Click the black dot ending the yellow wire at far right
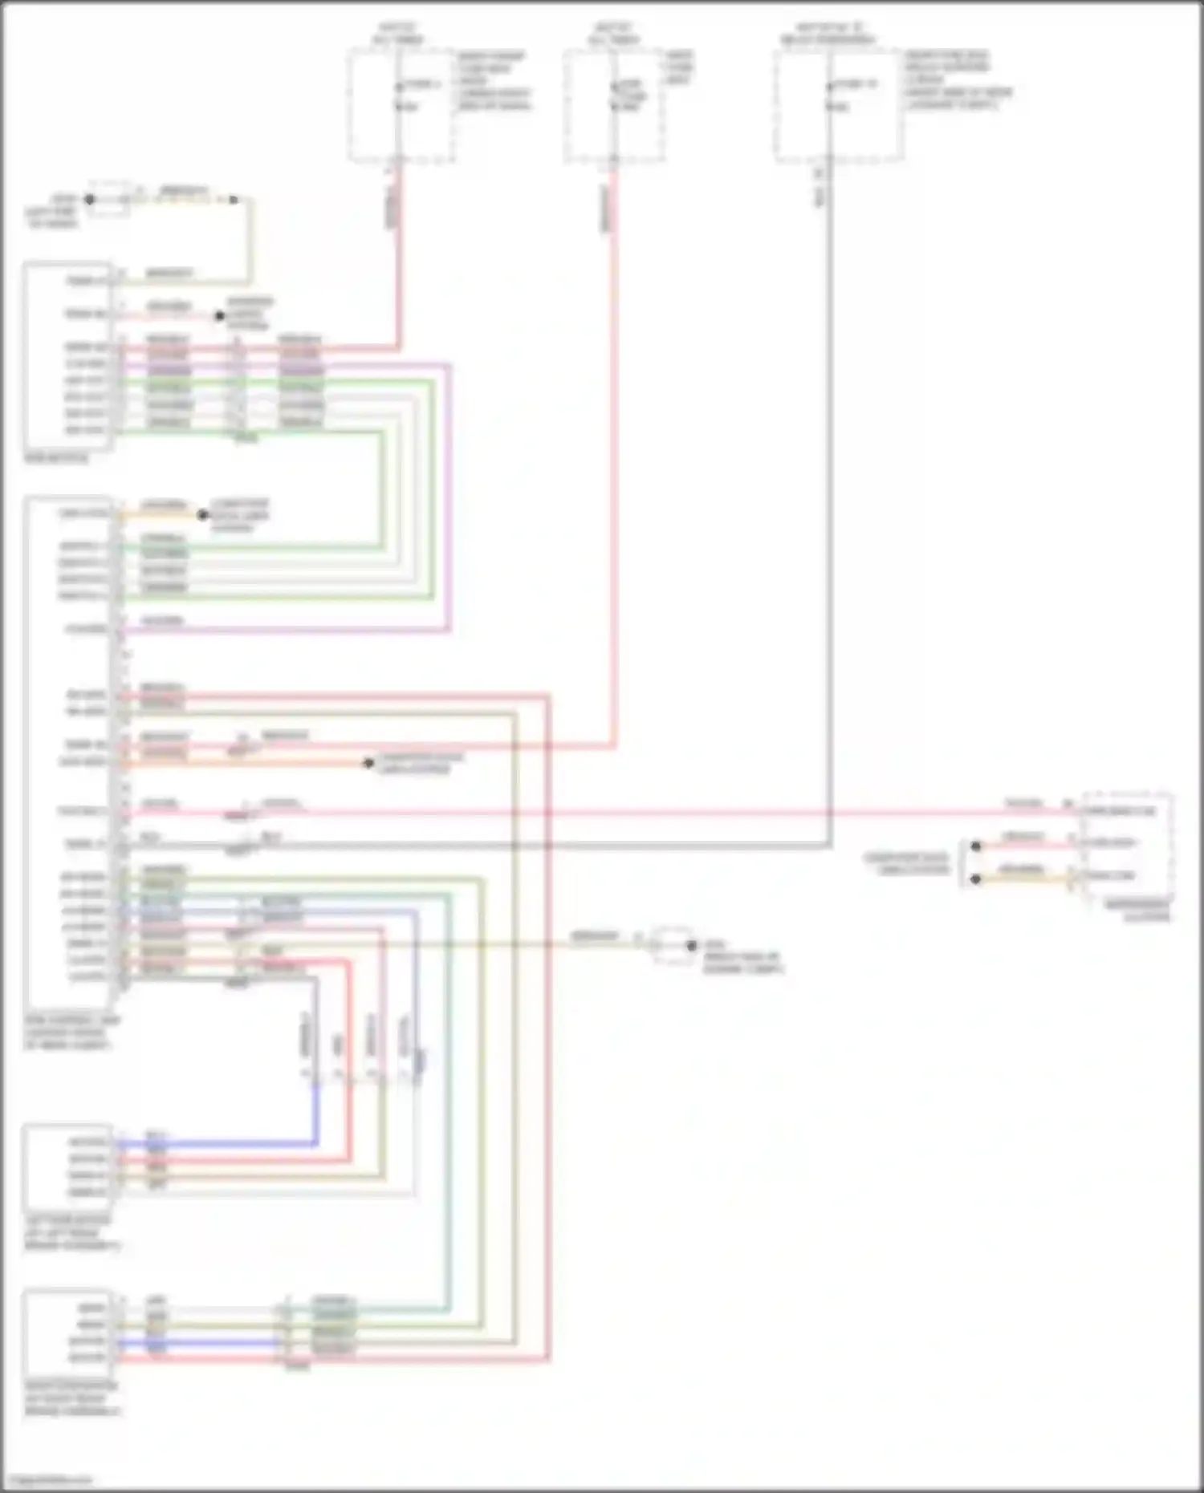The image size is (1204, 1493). (975, 879)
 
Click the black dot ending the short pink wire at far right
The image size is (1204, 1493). (975, 846)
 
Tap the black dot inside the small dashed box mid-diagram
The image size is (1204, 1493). (691, 946)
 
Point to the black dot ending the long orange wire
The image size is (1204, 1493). (368, 763)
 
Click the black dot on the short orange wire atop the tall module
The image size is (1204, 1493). (203, 514)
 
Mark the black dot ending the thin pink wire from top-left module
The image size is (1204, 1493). (219, 316)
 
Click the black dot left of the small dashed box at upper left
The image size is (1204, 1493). (89, 199)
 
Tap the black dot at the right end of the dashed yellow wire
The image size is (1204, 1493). (234, 199)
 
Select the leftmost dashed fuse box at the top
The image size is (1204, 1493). (401, 106)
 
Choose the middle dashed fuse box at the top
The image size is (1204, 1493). (614, 106)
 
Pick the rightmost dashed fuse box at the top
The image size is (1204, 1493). (839, 106)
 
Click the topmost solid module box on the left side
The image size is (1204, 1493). (68, 355)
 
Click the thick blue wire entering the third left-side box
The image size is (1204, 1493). (217, 1143)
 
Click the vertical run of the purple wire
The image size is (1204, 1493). (449, 497)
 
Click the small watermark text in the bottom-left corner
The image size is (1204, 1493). (47, 1480)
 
